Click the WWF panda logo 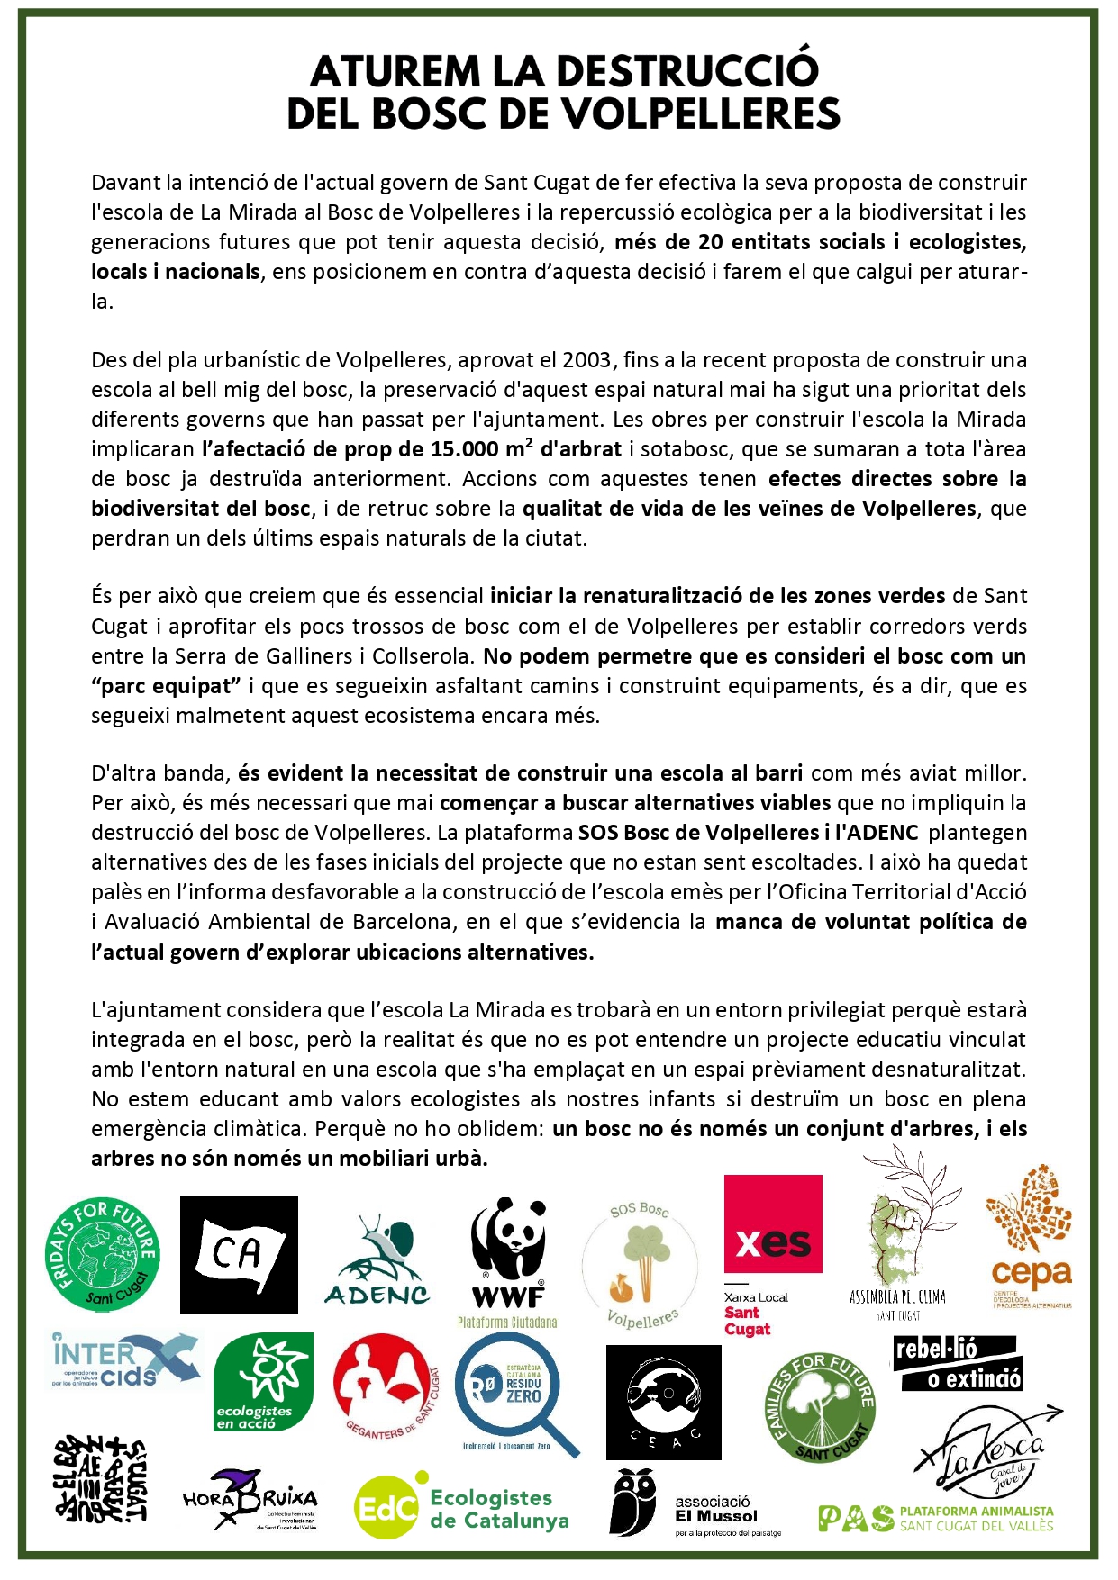[x=509, y=1253]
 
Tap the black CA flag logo [x=239, y=1253]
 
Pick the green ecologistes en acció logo [x=263, y=1382]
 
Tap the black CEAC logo [x=663, y=1402]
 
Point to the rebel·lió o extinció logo [x=957, y=1365]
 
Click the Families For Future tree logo [x=820, y=1407]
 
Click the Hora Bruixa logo [x=250, y=1499]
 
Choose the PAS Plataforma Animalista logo [x=935, y=1518]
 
